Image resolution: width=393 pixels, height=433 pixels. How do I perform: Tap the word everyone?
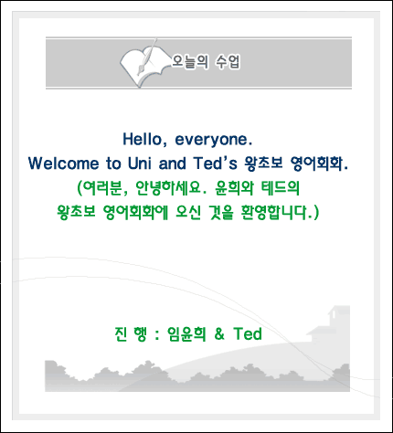coord(214,140)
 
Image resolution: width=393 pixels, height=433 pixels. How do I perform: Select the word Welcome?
coord(64,164)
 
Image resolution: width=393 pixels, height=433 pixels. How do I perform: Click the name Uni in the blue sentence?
coord(139,164)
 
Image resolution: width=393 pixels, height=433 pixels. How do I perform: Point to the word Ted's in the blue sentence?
coord(215,163)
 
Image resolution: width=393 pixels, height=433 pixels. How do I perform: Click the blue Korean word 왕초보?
coord(263,164)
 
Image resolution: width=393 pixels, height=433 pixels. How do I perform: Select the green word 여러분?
coord(103,188)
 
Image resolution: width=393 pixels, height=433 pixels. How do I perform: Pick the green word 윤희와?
coord(234,188)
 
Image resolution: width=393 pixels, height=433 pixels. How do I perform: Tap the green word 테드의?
coord(281,188)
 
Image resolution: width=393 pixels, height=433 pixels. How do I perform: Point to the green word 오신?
coord(188,213)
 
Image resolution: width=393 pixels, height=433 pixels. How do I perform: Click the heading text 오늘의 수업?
coord(206,62)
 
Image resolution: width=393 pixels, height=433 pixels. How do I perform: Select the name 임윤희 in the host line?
coord(186,334)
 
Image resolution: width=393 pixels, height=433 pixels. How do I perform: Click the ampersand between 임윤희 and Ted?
coord(219,334)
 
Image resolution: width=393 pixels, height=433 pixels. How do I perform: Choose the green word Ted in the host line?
coord(248,333)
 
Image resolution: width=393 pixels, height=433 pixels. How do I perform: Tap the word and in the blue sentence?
coord(173,164)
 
